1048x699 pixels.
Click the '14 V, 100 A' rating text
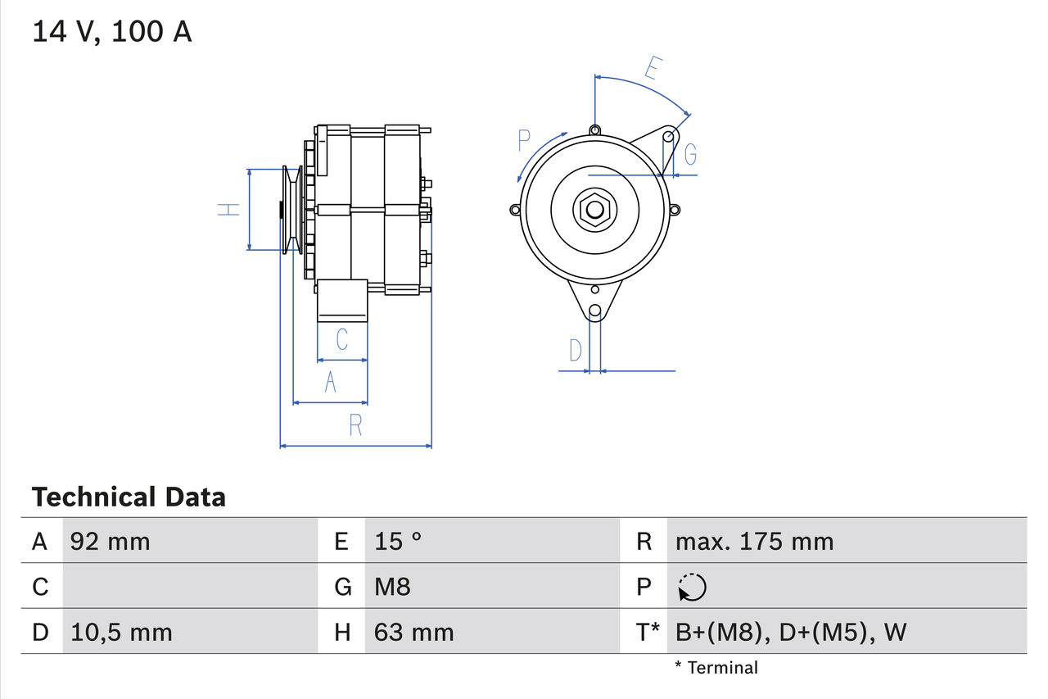point(112,32)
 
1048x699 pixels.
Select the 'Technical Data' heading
point(129,497)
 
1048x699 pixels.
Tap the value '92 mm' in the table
point(111,541)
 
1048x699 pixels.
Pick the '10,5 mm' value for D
point(121,632)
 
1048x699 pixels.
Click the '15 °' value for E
point(398,541)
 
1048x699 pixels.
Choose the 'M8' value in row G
point(392,587)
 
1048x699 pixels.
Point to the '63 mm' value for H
point(413,632)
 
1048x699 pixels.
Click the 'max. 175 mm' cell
point(754,541)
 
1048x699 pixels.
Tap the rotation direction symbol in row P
point(692,587)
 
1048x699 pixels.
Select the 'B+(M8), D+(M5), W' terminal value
point(791,632)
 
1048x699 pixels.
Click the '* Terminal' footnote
point(716,668)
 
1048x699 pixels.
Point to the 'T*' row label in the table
point(648,632)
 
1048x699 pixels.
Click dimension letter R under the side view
point(355,425)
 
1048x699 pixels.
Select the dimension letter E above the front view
point(652,68)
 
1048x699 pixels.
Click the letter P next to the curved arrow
point(525,141)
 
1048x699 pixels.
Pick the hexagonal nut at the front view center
point(594,210)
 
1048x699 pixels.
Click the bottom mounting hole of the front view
point(595,311)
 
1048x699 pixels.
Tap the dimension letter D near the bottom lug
point(576,351)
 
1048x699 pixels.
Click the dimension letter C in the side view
point(342,338)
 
